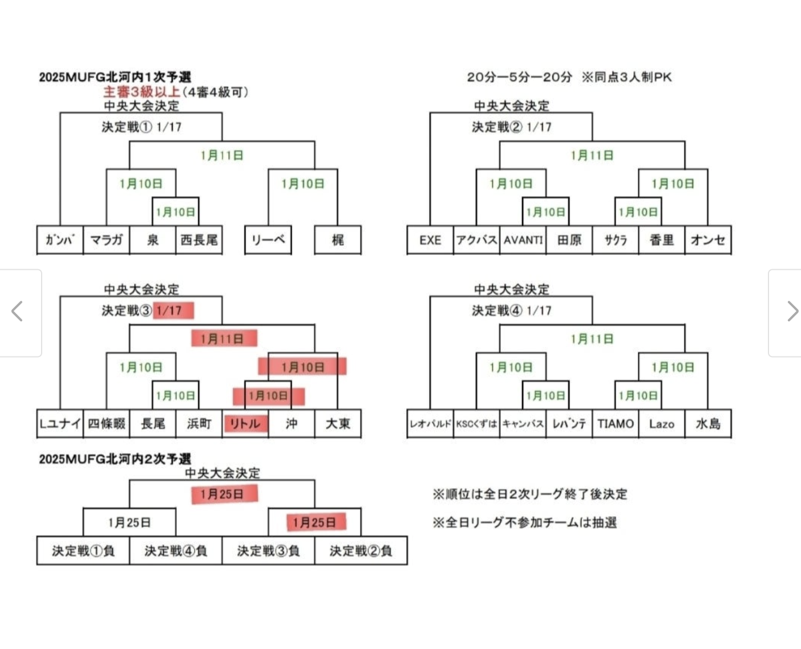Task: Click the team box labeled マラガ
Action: [106, 240]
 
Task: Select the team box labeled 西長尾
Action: [199, 240]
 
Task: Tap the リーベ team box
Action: [268, 240]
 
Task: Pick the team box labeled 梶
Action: [338, 240]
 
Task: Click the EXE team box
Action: [430, 240]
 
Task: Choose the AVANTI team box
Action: [523, 240]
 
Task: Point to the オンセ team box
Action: [708, 240]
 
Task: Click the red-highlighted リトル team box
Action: [245, 424]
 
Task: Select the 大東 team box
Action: [338, 424]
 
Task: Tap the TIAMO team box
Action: [616, 424]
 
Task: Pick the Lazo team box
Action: [662, 424]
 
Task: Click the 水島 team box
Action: [708, 424]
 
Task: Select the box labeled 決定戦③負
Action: [268, 551]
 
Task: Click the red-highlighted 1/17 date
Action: [173, 311]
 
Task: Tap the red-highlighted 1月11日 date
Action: [224, 339]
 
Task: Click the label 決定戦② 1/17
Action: [511, 127]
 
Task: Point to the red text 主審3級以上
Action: [141, 92]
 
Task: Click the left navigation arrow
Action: [18, 311]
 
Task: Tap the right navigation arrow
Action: [792, 311]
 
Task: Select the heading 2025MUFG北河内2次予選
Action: [115, 459]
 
